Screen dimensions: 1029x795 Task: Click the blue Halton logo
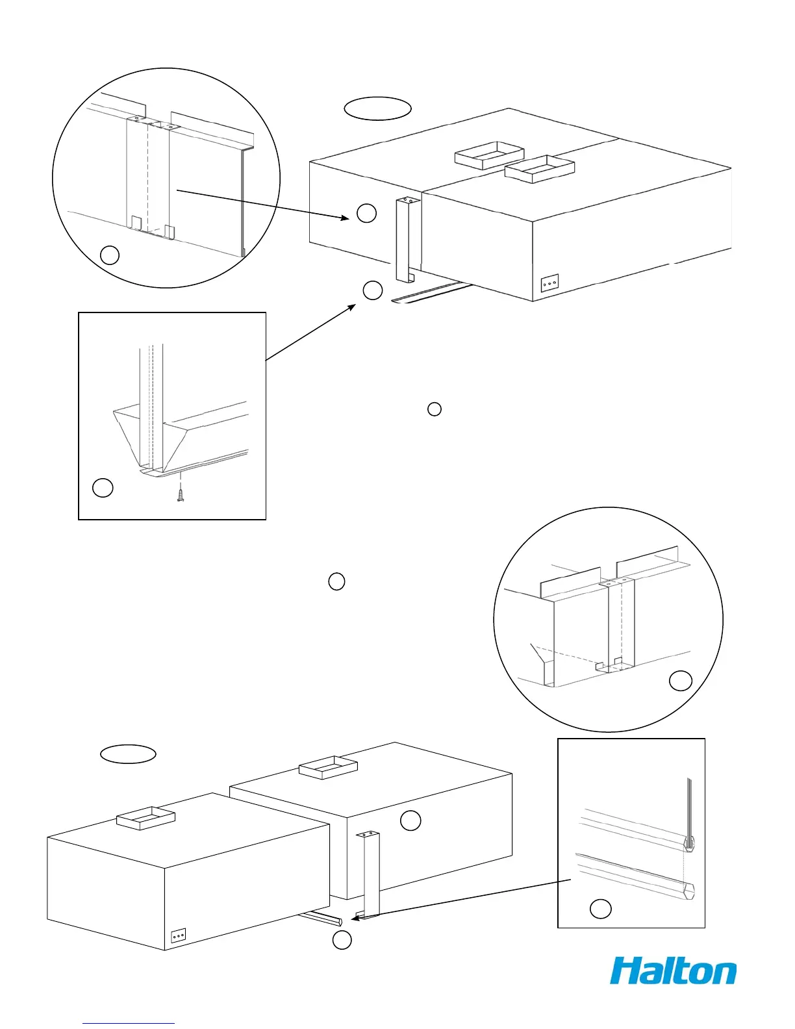673,971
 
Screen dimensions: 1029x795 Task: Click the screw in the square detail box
180,496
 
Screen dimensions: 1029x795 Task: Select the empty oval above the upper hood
377,108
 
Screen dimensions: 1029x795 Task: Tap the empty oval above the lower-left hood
128,754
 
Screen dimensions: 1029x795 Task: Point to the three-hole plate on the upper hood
549,285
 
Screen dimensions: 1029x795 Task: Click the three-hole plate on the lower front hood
179,935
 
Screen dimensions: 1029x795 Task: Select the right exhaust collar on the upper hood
540,170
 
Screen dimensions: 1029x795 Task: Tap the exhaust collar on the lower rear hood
328,767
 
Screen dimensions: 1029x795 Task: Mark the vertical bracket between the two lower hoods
371,874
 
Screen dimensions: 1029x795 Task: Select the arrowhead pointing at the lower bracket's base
354,918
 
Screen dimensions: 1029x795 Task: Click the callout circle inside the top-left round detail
110,255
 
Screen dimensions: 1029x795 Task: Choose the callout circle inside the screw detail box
103,487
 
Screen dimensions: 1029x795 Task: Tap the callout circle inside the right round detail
681,680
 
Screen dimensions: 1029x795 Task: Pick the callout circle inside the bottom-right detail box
600,909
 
